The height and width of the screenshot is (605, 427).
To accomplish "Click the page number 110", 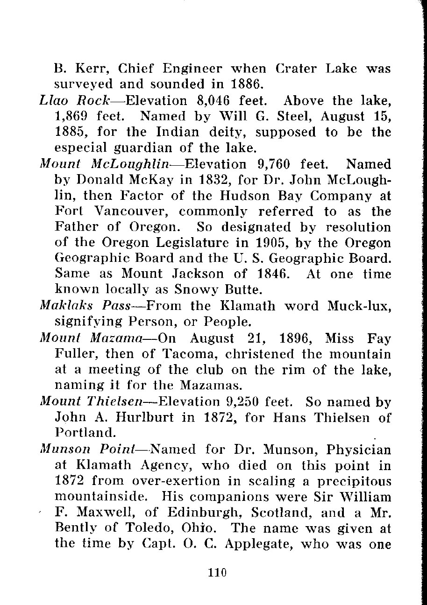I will pyautogui.click(x=218, y=572).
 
